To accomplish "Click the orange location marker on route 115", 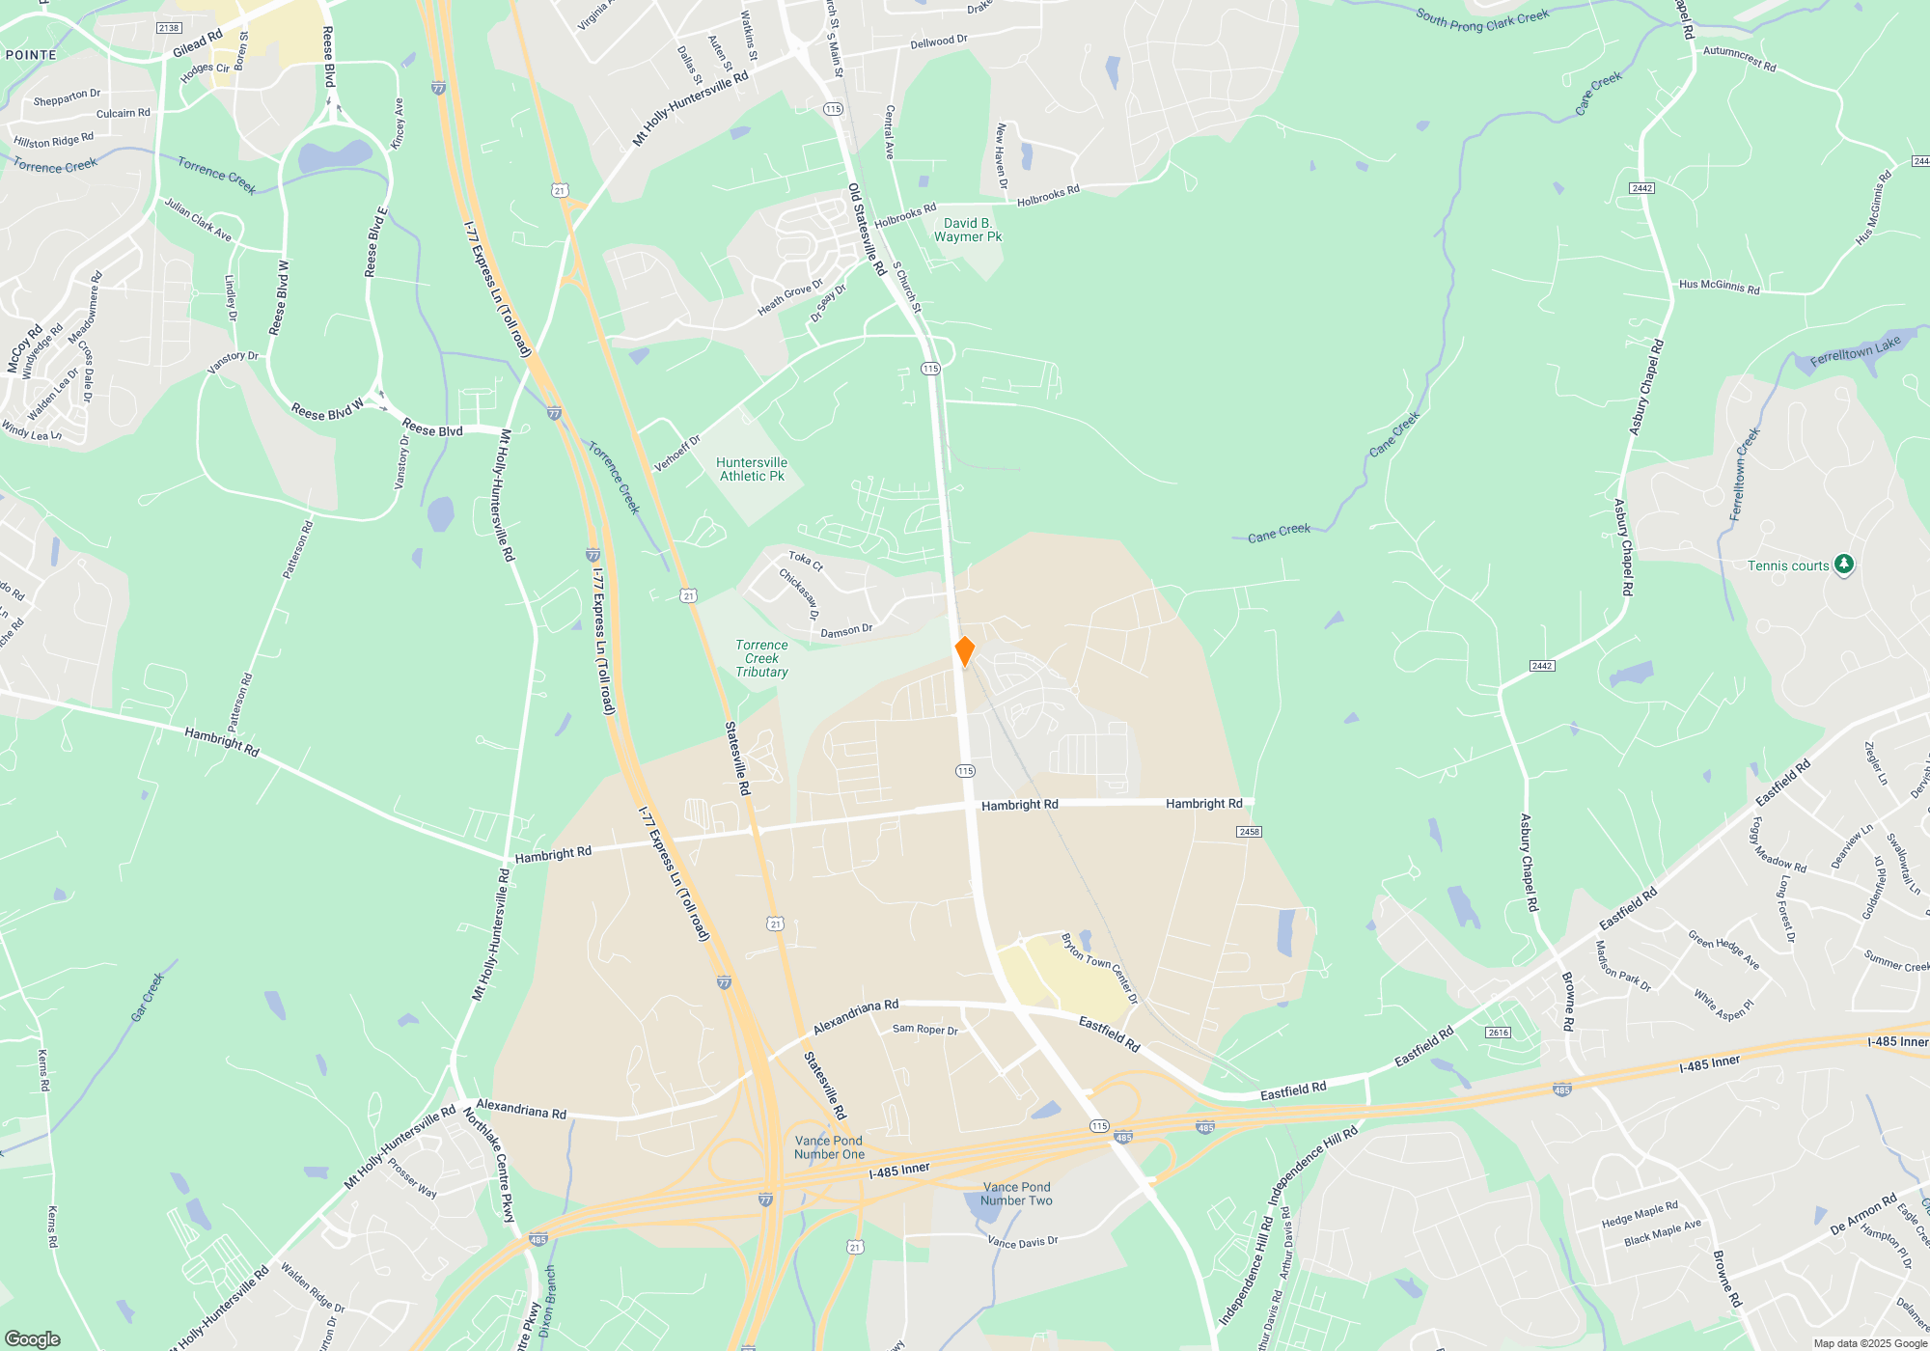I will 964,650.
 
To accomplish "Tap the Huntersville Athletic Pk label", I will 752,469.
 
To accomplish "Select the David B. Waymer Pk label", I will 968,230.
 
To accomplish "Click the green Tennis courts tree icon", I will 1843,565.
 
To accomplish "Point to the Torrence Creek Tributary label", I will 761,658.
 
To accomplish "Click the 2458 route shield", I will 1249,832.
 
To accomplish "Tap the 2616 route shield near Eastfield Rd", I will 1498,1033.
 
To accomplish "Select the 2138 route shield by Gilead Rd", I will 169,28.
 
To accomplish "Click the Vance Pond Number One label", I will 829,1147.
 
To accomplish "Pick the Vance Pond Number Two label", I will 1016,1194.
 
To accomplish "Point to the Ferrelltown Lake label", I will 1855,350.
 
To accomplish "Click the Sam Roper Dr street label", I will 924,1030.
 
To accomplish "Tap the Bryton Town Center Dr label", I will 1099,968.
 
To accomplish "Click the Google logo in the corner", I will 33,1338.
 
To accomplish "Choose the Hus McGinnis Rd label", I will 1719,286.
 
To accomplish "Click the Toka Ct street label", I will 806,561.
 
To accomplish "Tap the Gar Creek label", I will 148,997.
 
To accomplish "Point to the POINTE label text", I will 31,55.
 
